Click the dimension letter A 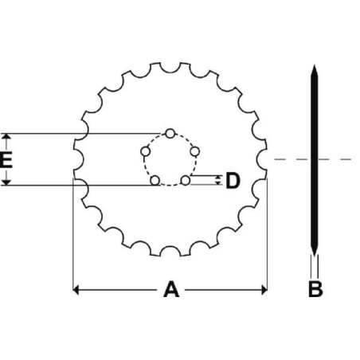pos(171,290)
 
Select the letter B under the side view pos(315,289)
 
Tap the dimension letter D pos(233,181)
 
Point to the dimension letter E pos(6,160)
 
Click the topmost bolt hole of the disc pos(170,133)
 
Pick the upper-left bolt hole pos(145,151)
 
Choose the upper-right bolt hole pos(195,151)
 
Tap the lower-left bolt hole pos(155,181)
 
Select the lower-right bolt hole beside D pos(186,181)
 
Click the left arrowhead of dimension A pos(76,290)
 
